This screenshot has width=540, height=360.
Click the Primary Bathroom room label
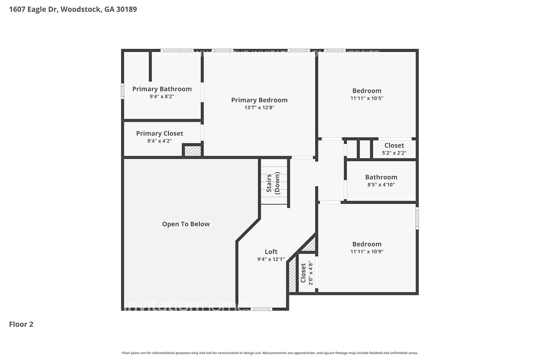[162, 89]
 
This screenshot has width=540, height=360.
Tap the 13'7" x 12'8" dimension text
[259, 107]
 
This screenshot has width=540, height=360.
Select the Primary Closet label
[159, 133]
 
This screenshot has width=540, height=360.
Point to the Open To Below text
[186, 224]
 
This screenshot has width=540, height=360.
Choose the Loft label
[271, 252]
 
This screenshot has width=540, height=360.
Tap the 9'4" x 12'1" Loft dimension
[271, 259]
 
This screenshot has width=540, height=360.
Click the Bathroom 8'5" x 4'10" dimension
[381, 185]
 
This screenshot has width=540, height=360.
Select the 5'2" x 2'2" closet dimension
[394, 153]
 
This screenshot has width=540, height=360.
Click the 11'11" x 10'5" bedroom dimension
[367, 98]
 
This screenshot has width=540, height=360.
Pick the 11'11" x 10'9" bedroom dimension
[367, 252]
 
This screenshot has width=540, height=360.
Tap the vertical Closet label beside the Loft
[303, 273]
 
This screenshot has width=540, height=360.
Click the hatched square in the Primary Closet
[193, 150]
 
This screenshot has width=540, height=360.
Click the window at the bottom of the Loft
[262, 309]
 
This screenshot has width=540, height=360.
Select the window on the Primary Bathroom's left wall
[122, 91]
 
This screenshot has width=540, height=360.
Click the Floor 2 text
[21, 324]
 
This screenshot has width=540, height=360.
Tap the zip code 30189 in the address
[126, 9]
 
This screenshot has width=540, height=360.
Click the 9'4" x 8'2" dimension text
[162, 96]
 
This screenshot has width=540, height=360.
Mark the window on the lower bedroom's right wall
[417, 218]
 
